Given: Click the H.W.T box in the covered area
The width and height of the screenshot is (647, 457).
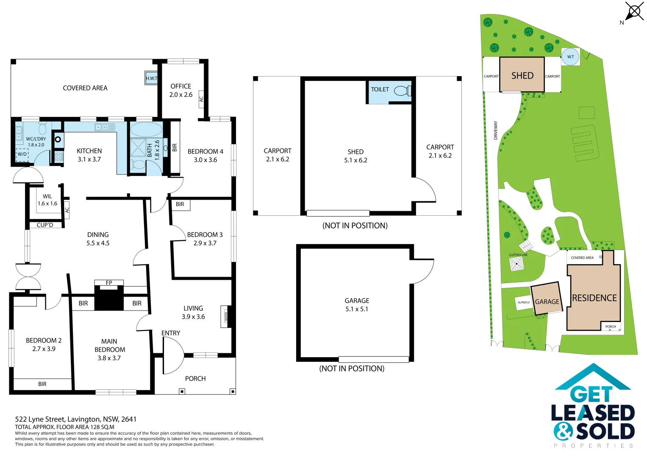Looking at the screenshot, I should pyautogui.click(x=151, y=78).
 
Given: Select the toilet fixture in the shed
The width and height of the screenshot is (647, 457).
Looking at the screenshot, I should pyautogui.click(x=401, y=91).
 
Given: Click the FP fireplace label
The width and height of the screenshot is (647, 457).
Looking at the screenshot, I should pyautogui.click(x=109, y=283).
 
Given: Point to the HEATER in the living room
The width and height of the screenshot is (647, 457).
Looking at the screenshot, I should pyautogui.click(x=226, y=317).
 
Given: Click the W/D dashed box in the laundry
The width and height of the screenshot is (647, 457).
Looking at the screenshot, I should pyautogui.click(x=22, y=155).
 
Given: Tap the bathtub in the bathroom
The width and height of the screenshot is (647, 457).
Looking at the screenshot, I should pyautogui.click(x=146, y=129).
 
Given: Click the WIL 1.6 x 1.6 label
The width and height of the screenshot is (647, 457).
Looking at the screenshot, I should pyautogui.click(x=47, y=200).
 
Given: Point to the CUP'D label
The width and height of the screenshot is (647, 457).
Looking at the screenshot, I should pyautogui.click(x=45, y=225).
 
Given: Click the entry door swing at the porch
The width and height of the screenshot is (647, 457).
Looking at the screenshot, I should pyautogui.click(x=172, y=355).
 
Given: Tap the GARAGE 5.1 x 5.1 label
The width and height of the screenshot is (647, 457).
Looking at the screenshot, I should pyautogui.click(x=357, y=305).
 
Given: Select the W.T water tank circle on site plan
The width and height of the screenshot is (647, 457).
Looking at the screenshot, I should pyautogui.click(x=570, y=57).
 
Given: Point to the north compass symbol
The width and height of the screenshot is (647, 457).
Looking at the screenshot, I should pyautogui.click(x=634, y=11).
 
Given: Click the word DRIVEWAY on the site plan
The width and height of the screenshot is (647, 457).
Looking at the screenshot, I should pyautogui.click(x=496, y=130).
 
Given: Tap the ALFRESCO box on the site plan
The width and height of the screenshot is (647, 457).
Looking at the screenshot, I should pyautogui.click(x=524, y=302).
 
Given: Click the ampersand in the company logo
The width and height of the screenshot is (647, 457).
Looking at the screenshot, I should pyautogui.click(x=563, y=432).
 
